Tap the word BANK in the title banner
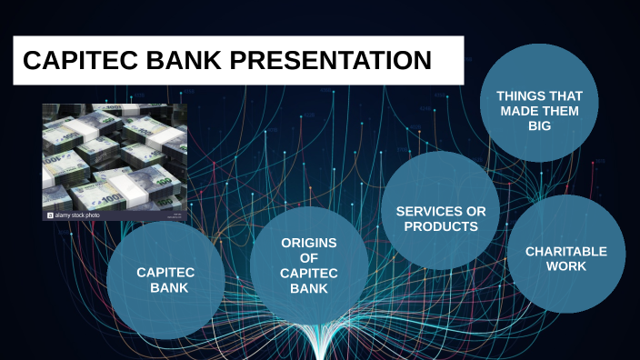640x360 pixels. click(181, 61)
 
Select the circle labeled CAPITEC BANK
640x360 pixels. click(165, 280)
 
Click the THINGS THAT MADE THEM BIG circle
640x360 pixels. click(539, 105)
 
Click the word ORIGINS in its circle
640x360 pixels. click(308, 243)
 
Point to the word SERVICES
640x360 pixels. click(441, 211)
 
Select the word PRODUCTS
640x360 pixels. click(441, 226)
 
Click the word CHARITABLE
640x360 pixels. click(566, 251)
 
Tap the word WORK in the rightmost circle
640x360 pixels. click(566, 266)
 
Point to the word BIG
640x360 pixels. click(539, 126)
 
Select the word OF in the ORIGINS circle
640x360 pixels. click(308, 258)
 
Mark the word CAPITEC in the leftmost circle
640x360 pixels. click(165, 272)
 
